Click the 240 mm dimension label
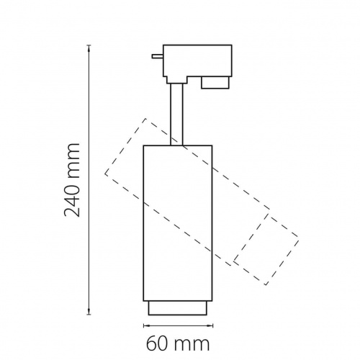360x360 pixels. click(x=72, y=180)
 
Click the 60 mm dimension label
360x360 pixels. click(x=178, y=344)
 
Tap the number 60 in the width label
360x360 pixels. click(x=156, y=344)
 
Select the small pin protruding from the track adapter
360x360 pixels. click(x=158, y=56)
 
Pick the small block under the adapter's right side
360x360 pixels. click(x=215, y=83)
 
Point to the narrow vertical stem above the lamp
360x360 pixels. click(x=176, y=114)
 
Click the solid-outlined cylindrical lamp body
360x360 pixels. click(x=178, y=223)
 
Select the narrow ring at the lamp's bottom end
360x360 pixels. click(x=178, y=308)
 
